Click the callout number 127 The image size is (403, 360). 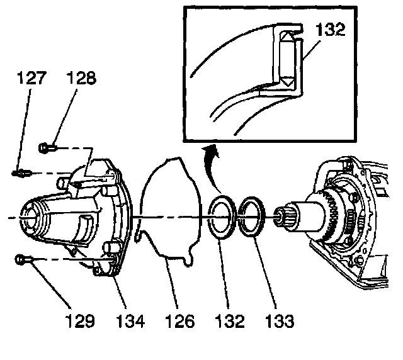30,78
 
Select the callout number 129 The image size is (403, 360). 81,322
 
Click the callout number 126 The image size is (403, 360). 180,322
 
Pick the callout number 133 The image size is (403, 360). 278,322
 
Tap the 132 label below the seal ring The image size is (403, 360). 229,322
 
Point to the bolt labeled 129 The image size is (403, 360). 22,257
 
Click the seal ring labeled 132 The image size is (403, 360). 221,218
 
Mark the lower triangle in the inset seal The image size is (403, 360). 287,81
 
